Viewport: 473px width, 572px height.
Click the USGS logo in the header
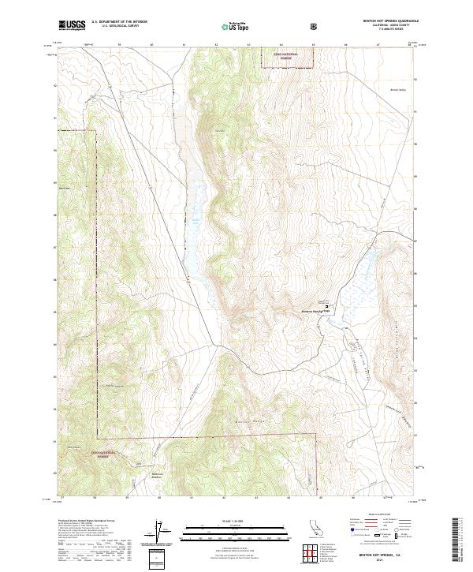point(73,26)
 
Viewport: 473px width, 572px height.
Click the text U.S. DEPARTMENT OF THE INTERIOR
point(119,22)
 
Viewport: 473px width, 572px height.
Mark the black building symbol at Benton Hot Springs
point(328,309)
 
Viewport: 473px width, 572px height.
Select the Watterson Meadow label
point(161,476)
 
